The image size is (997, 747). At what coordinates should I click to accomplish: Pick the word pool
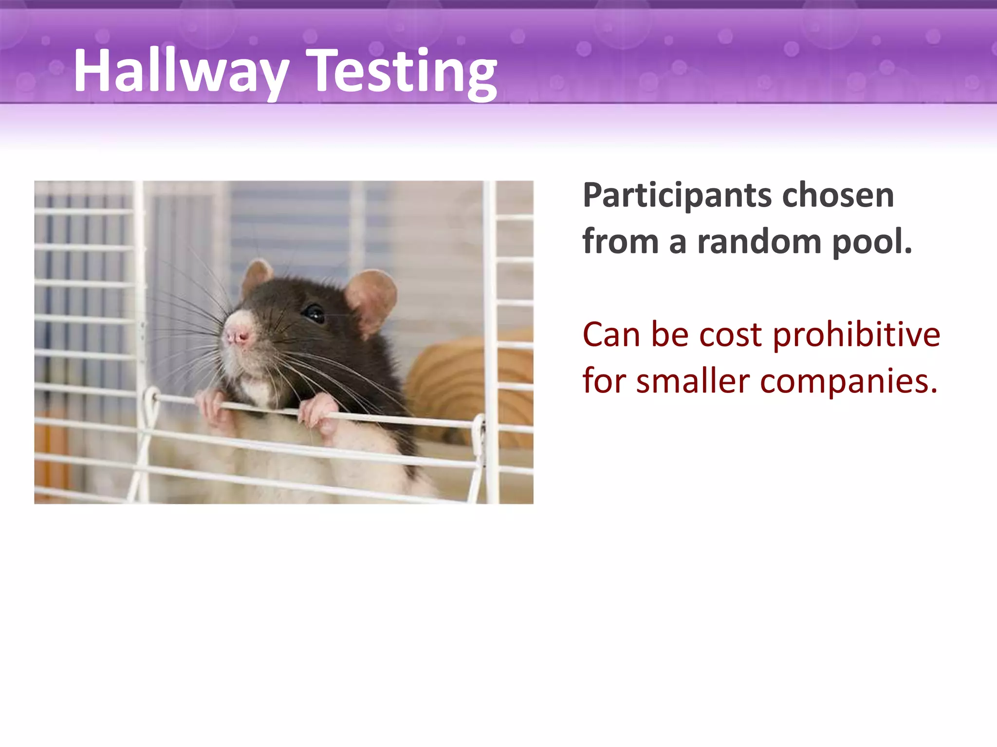pos(871,242)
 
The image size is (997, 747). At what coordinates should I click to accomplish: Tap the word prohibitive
pos(856,335)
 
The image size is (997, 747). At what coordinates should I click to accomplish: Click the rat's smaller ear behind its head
pos(256,276)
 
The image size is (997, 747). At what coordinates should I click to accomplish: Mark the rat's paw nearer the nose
pos(214,409)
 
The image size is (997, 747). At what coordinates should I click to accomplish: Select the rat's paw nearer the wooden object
pos(319,413)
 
